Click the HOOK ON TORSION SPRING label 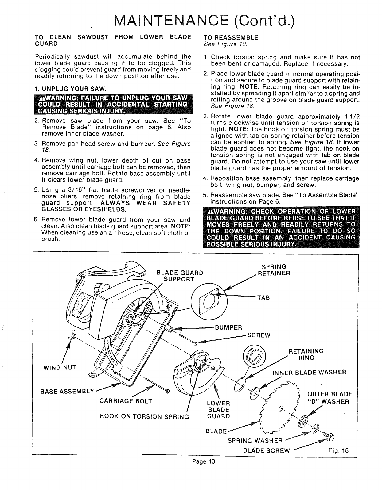coord(144,416)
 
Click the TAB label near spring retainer coord(263,297)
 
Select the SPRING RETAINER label coord(273,270)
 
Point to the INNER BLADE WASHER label coord(309,373)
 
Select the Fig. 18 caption coord(341,451)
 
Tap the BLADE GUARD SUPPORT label coord(179,276)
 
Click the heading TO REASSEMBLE coord(231,38)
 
